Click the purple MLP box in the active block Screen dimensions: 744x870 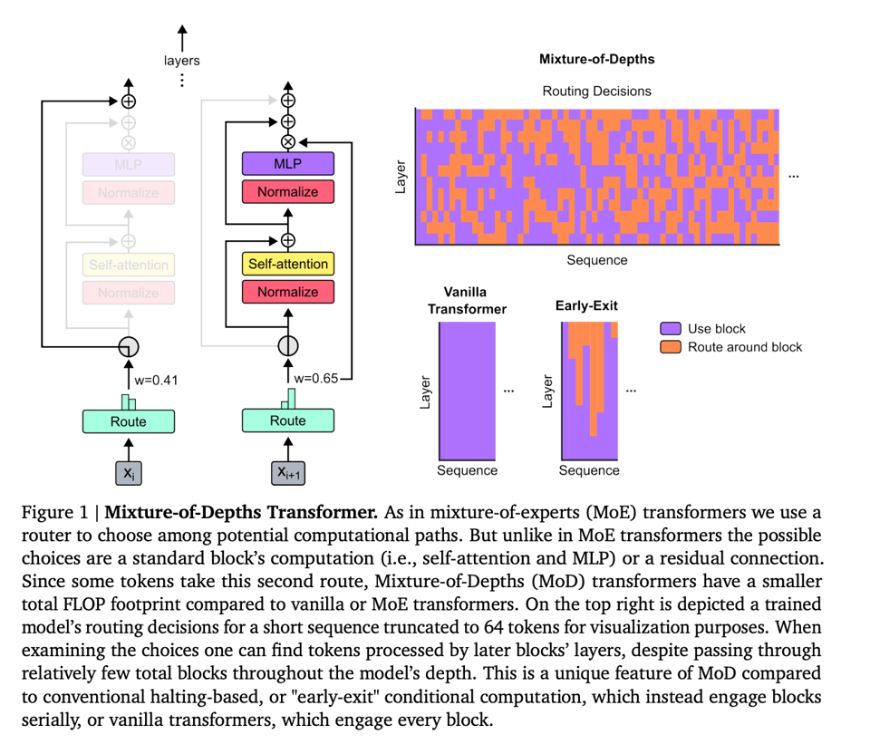click(287, 164)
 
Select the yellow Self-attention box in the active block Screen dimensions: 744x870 click(287, 265)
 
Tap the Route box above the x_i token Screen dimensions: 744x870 click(128, 420)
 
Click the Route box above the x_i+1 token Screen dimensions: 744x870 click(287, 420)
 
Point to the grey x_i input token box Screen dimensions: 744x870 click(128, 472)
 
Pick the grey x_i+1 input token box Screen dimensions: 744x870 click(287, 472)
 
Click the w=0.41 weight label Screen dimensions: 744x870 click(156, 380)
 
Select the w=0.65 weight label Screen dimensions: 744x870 click(315, 380)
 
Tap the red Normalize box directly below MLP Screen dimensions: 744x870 click(287, 192)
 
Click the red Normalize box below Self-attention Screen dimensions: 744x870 click(287, 292)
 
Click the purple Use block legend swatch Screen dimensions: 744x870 click(671, 328)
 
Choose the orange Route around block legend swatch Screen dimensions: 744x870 click(671, 346)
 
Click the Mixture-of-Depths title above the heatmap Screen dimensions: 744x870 click(596, 60)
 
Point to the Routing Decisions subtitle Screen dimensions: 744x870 click(596, 91)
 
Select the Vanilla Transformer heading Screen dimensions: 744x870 click(467, 300)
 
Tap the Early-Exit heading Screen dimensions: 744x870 click(586, 305)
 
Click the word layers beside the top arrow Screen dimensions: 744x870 click(181, 61)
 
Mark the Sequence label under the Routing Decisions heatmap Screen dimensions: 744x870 click(596, 260)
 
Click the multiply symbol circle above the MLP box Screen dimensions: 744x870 click(288, 142)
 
